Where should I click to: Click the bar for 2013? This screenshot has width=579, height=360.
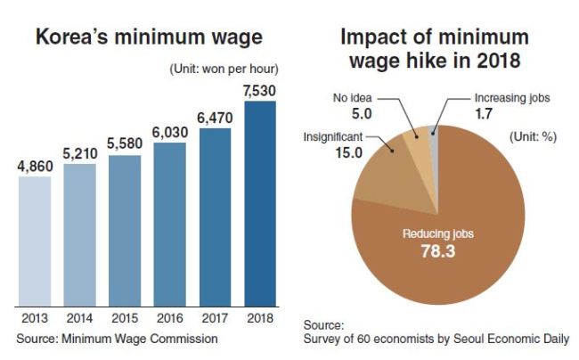[35, 241]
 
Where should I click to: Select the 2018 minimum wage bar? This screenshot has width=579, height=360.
[260, 204]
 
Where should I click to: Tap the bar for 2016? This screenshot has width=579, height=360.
[170, 225]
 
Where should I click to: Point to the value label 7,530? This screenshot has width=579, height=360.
[259, 91]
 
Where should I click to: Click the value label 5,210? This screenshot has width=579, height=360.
[80, 153]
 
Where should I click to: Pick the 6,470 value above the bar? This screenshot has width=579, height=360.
[215, 119]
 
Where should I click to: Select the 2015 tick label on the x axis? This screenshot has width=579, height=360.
[125, 318]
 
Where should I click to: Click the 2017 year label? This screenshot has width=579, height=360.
[215, 318]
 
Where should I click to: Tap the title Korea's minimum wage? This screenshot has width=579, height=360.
[149, 37]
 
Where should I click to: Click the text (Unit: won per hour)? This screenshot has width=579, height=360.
[224, 69]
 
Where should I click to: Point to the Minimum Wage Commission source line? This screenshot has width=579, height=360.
[117, 339]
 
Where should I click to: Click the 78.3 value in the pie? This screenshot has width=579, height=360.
[438, 251]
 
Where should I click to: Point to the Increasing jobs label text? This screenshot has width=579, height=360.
[512, 98]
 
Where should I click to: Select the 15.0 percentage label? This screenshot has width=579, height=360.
[349, 153]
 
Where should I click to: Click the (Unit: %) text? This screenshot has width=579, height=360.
[534, 137]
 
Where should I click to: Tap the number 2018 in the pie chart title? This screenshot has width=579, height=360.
[499, 61]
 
